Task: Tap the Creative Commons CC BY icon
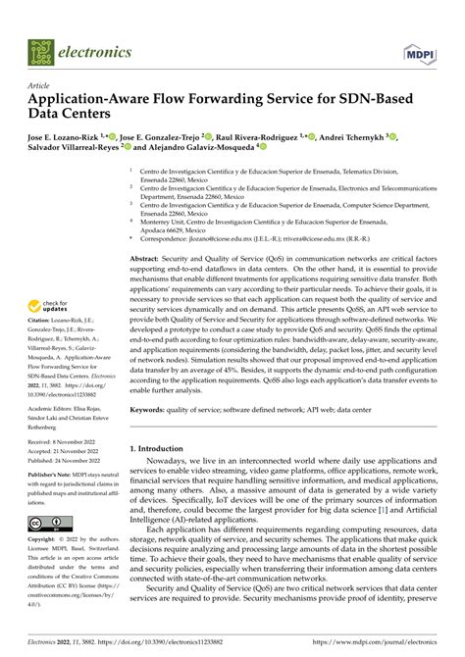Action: (x=50, y=519)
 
